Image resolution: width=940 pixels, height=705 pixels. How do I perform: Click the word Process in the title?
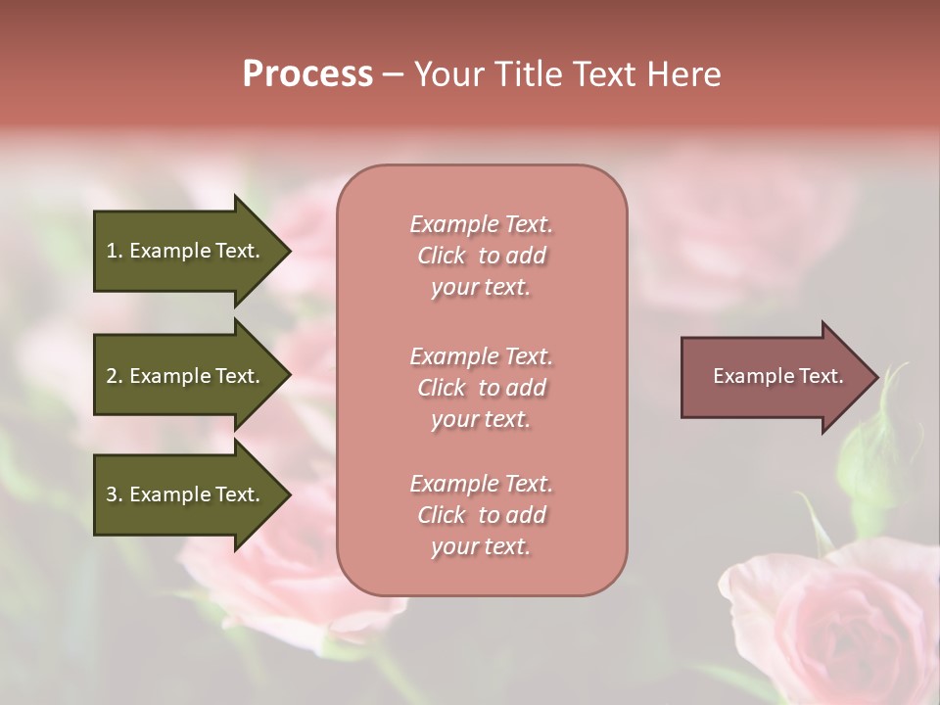[307, 74]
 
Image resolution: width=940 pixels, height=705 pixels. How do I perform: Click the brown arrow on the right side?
[774, 377]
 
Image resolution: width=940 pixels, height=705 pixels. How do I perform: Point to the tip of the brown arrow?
[876, 377]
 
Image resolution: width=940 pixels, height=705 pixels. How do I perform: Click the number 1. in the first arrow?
[114, 251]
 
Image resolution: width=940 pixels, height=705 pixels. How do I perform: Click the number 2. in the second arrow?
[114, 376]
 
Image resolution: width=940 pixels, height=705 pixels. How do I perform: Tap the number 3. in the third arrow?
[114, 494]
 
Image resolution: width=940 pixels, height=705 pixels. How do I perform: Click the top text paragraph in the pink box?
[481, 256]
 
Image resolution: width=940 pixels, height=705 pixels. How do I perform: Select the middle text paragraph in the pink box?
[481, 387]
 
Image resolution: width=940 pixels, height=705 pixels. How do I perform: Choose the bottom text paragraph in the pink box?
[481, 515]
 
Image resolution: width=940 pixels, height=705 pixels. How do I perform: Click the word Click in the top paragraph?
[442, 256]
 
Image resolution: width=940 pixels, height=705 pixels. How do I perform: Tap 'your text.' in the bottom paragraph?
[481, 546]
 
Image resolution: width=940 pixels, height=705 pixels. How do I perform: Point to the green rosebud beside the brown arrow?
[867, 450]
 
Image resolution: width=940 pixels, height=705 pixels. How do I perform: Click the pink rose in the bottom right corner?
[842, 627]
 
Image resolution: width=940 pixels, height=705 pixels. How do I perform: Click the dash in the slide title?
[393, 74]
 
